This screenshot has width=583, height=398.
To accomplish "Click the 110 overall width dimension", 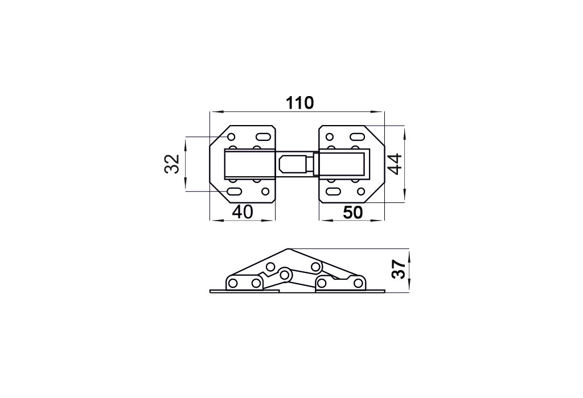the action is pyautogui.click(x=299, y=103).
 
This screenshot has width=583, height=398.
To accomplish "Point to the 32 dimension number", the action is pyautogui.click(x=172, y=164).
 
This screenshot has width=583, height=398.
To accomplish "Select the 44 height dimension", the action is pyautogui.click(x=395, y=164).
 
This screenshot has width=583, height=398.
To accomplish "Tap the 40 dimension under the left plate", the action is pyautogui.click(x=243, y=212).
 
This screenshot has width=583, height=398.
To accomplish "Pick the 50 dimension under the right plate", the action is pyautogui.click(x=352, y=213).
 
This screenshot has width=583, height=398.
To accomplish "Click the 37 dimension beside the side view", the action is pyautogui.click(x=399, y=269).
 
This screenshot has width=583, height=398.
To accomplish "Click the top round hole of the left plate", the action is pyautogui.click(x=231, y=138).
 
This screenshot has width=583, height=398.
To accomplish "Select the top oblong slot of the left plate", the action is pyautogui.click(x=263, y=138).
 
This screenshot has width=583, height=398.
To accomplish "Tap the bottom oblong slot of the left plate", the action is pyautogui.click(x=235, y=192).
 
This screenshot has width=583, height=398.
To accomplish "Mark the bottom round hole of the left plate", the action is pyautogui.click(x=265, y=192).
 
